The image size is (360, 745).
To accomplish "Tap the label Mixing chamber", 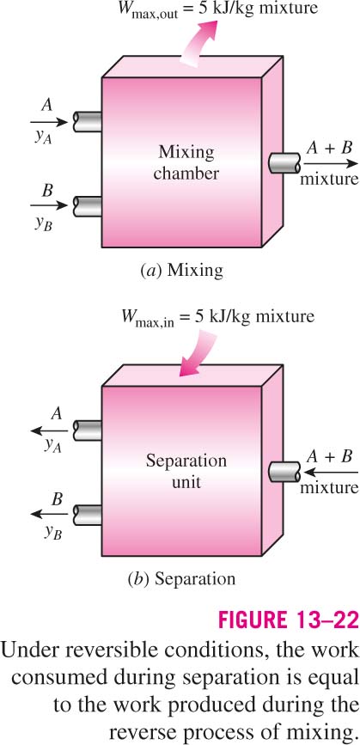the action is tap(186, 163).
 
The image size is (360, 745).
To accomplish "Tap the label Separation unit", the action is tap(186, 472).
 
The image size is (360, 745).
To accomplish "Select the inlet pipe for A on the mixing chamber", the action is tap(88, 122).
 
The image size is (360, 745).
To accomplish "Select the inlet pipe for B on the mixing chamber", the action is tap(88, 206).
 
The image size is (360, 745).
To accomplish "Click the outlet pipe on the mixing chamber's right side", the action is tap(284, 163).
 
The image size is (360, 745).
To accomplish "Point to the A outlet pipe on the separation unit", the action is tap(88, 431).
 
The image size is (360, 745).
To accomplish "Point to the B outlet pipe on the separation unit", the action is tap(88, 515).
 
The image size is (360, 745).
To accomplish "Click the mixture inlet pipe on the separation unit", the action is tap(284, 472).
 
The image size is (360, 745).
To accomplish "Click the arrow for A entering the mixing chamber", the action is tap(49, 122).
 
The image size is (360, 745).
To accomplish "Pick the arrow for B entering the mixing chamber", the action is tap(49, 206).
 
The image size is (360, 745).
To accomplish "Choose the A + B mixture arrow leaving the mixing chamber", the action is tap(331, 163).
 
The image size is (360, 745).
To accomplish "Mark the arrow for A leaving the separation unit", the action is tap(49, 431).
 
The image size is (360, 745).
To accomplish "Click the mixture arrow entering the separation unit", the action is tap(331, 472).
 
